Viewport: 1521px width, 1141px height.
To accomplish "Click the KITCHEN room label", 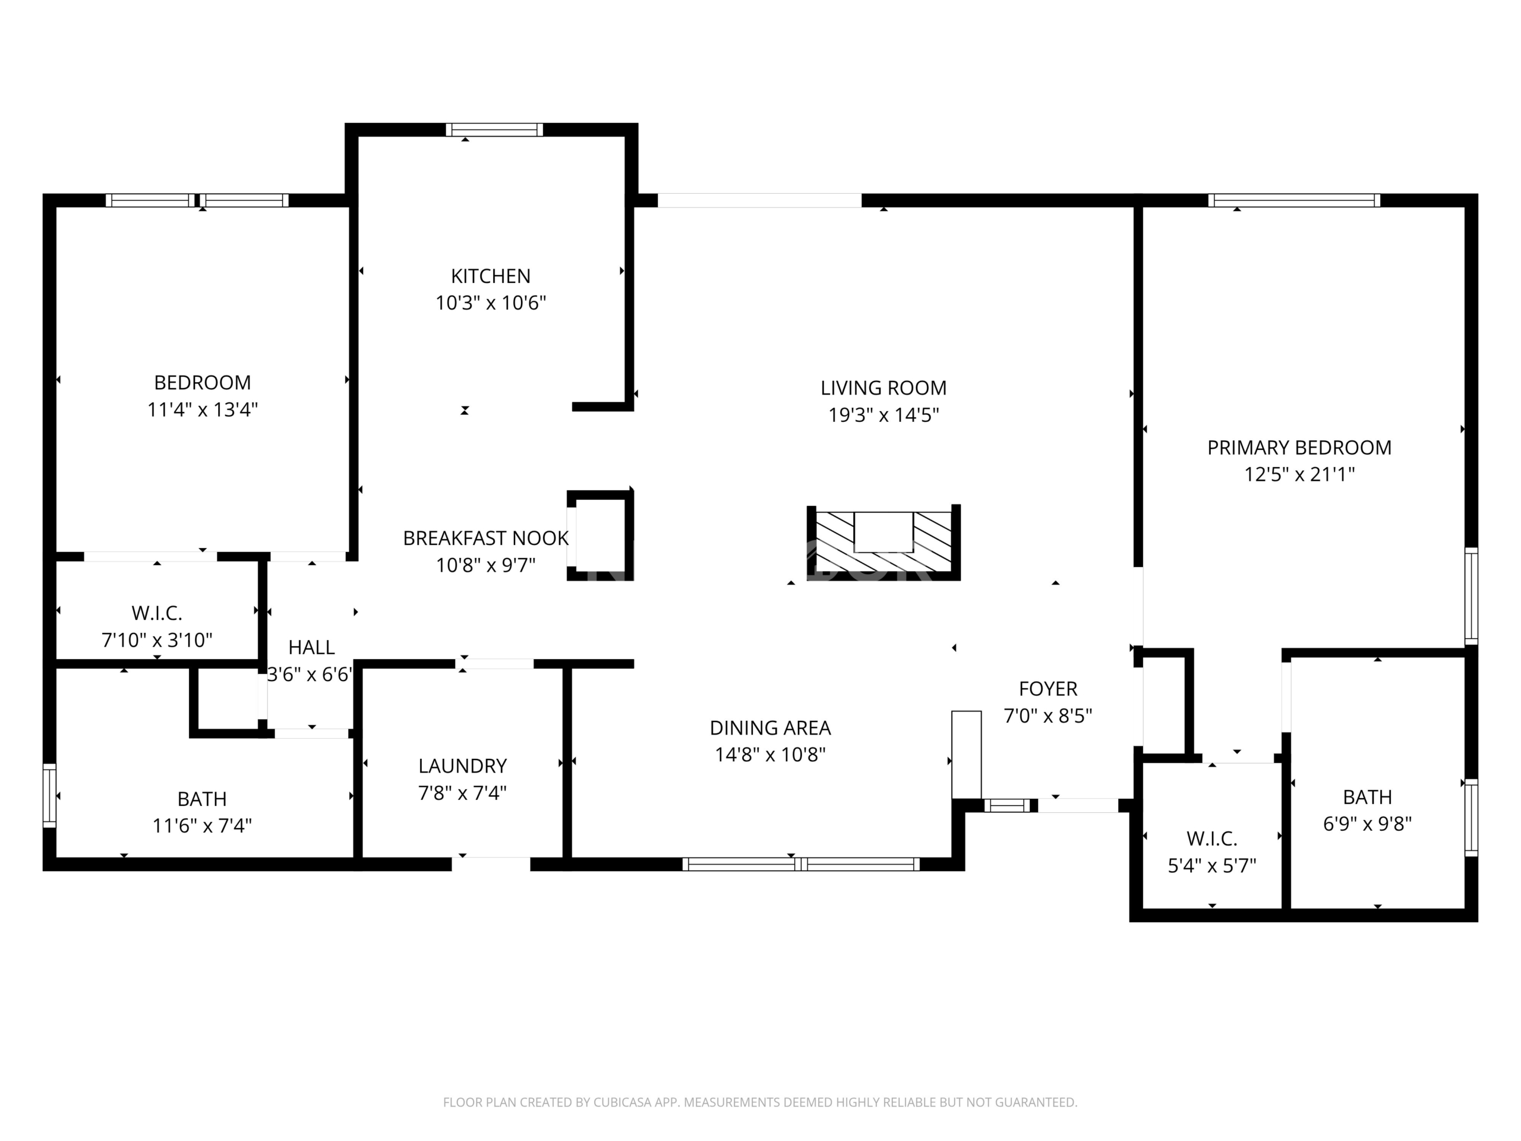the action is click(x=490, y=276).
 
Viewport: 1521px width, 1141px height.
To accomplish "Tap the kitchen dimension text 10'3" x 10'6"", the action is click(x=490, y=302).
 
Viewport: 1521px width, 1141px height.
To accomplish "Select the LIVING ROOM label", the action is click(x=883, y=388).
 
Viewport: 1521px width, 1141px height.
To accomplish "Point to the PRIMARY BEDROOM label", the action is click(x=1299, y=447).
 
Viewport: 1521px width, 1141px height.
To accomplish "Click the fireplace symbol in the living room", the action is click(x=883, y=542).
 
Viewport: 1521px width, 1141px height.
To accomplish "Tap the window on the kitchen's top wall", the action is click(x=494, y=130).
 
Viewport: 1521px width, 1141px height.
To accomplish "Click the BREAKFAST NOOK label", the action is click(x=485, y=538).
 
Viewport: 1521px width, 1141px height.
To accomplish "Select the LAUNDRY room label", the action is click(x=462, y=765).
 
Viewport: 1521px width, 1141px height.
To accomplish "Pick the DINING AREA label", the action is click(x=770, y=727).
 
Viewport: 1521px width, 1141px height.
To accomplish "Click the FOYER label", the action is click(x=1048, y=688).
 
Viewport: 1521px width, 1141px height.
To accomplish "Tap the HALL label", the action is click(x=311, y=647).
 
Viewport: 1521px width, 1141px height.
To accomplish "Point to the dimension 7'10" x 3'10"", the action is click(x=157, y=640).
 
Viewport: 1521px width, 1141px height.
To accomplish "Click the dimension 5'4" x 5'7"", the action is click(x=1211, y=865).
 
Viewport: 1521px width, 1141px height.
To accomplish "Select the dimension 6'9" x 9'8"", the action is click(x=1367, y=823).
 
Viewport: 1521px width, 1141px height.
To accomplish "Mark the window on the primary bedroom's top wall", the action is click(x=1294, y=200).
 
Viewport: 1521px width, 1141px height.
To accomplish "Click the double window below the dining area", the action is click(x=800, y=864).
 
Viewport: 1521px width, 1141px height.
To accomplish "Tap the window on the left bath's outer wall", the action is click(x=49, y=796).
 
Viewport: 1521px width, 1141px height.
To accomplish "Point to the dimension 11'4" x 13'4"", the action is click(x=202, y=409).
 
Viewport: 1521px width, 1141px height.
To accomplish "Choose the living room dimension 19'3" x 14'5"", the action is click(x=883, y=415).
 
